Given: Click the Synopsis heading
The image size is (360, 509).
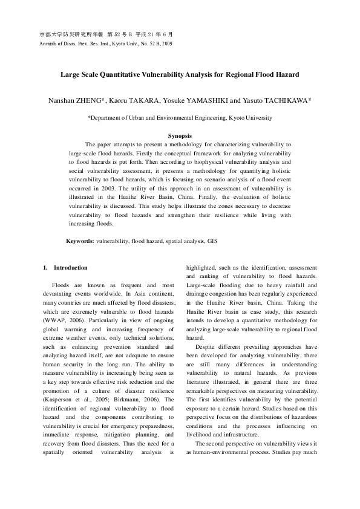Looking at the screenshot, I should (180, 136).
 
